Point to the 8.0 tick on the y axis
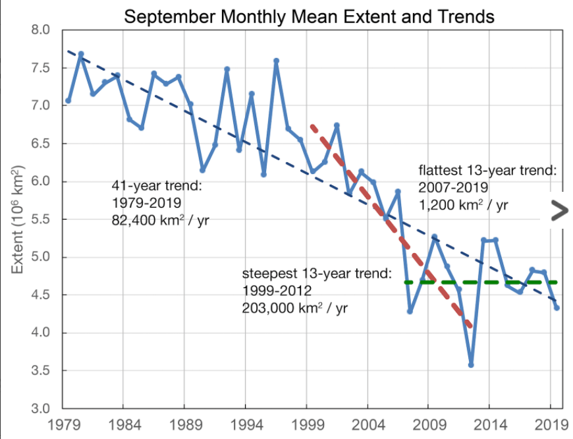(x=41, y=30)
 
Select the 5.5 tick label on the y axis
(x=41, y=219)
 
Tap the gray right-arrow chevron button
(x=559, y=210)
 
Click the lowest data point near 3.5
(x=471, y=365)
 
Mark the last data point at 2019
(x=557, y=307)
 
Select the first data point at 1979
(x=68, y=101)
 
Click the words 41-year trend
(x=157, y=187)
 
